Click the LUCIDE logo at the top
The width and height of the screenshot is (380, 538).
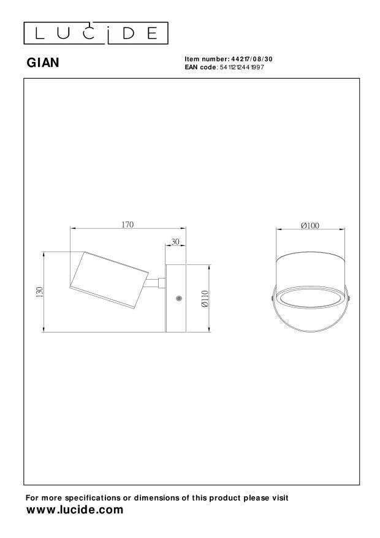click(96, 33)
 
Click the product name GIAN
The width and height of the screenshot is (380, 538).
click(43, 62)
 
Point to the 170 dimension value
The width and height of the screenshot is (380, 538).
click(127, 225)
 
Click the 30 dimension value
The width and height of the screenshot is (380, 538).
click(175, 242)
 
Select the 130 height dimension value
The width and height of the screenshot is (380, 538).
click(39, 292)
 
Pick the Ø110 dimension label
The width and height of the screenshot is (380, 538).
click(205, 299)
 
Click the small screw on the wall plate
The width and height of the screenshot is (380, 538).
click(178, 298)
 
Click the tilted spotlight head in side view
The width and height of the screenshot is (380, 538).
click(108, 278)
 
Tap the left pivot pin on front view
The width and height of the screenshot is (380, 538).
click(273, 298)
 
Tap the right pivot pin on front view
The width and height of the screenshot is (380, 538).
click(349, 298)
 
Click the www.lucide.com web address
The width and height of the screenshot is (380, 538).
click(75, 510)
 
